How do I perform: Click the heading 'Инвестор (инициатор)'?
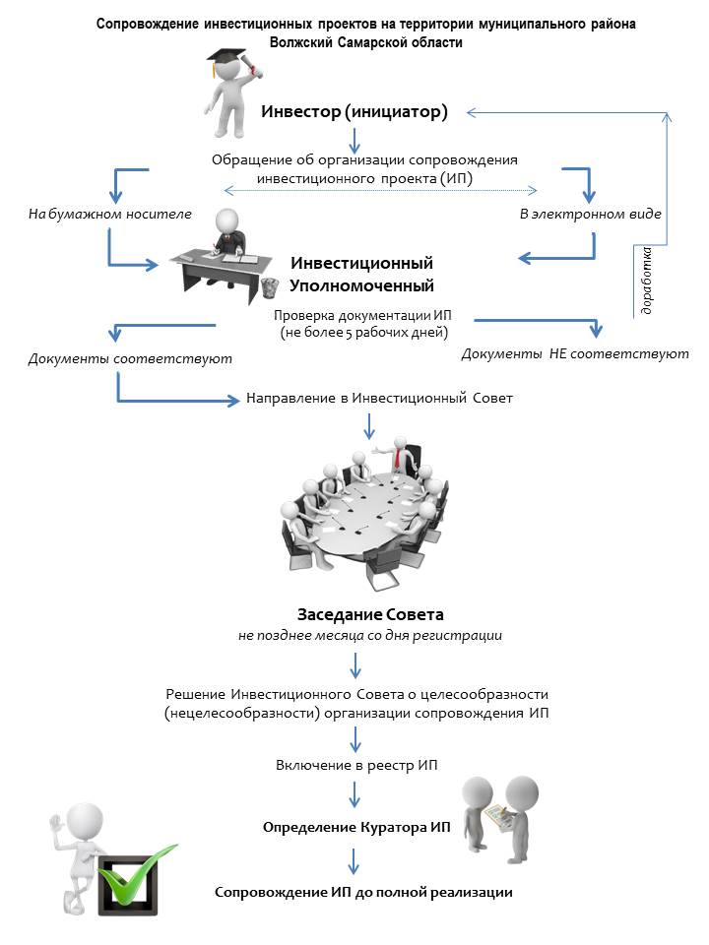click(354, 111)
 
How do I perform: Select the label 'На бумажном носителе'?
click(110, 214)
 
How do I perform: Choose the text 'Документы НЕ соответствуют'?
click(575, 353)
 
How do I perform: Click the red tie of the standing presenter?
click(398, 459)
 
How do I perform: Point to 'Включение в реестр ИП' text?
click(355, 765)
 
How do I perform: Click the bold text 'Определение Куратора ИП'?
click(356, 827)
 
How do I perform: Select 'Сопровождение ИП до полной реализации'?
click(364, 892)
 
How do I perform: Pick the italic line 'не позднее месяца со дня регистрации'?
click(370, 636)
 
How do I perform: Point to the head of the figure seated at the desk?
click(228, 218)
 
